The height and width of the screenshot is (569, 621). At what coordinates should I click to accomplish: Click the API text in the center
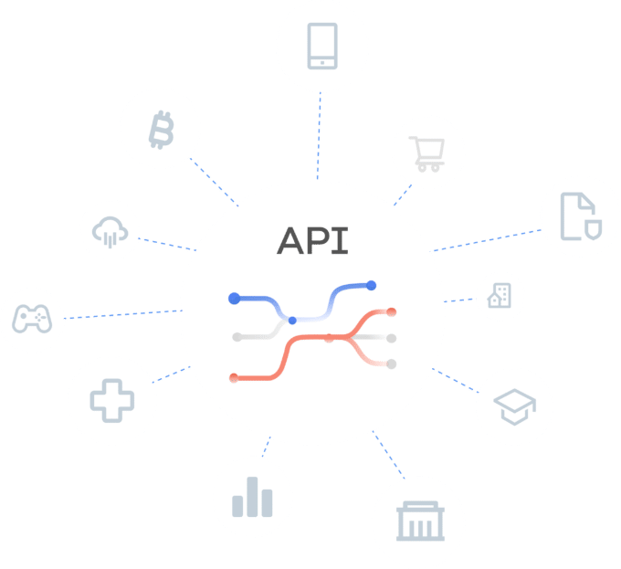(x=312, y=240)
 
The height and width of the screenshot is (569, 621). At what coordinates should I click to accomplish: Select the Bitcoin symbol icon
(x=161, y=131)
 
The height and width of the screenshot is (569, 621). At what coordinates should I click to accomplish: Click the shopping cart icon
(x=427, y=153)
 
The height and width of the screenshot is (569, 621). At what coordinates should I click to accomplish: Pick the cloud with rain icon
(x=111, y=231)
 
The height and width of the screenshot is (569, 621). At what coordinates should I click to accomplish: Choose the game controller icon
(x=32, y=319)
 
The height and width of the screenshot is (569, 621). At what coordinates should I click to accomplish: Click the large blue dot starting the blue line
(x=235, y=298)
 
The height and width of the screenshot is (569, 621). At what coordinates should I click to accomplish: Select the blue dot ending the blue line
(x=372, y=286)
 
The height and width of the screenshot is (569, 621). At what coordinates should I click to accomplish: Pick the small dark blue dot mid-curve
(x=292, y=321)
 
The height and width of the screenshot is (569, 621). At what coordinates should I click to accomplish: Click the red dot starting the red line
(x=235, y=377)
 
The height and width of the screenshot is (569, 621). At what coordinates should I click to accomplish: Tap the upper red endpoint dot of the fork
(x=391, y=312)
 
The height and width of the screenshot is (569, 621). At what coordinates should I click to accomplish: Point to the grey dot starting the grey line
(x=236, y=337)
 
